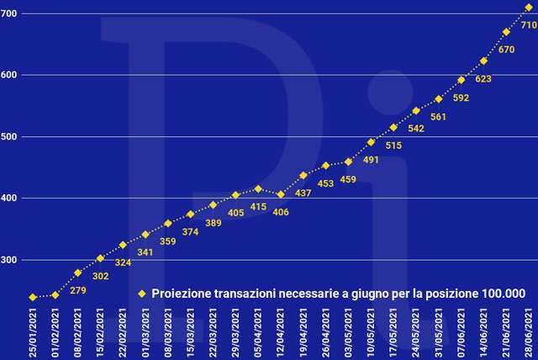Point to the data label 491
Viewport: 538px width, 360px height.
(371, 160)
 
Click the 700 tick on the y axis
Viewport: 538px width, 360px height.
(10, 13)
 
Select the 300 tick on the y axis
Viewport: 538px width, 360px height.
(10, 260)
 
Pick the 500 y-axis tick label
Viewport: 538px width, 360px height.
(10, 136)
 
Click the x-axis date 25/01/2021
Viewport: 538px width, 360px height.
(33, 331)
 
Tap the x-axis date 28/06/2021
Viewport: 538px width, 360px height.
(529, 331)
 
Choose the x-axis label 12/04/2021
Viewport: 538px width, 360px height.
(281, 331)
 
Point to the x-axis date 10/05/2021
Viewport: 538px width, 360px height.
(371, 331)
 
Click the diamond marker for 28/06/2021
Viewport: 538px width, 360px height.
(529, 8)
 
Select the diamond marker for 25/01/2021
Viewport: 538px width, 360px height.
(33, 297)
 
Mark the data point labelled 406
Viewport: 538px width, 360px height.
(281, 194)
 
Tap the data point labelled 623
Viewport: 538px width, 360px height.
(483, 61)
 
